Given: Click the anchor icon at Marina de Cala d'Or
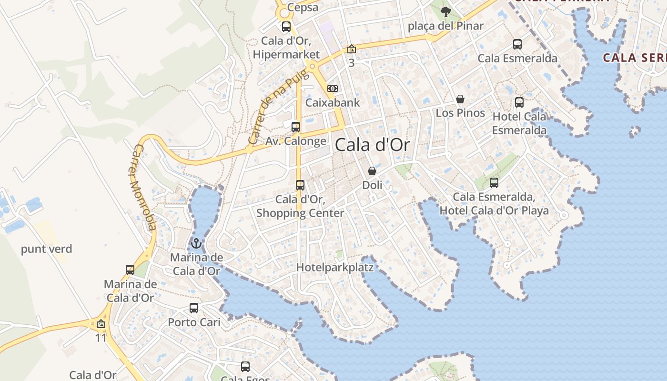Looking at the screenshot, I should [196, 244].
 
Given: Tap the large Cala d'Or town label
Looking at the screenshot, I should [373, 145].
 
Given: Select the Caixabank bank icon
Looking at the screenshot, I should [333, 89].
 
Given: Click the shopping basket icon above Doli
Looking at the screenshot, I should [372, 171].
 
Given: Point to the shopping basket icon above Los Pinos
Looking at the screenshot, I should [460, 99].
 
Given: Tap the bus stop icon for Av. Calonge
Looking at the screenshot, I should [296, 127].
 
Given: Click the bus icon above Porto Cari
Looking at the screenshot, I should [193, 308].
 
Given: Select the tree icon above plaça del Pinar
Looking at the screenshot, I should [445, 12].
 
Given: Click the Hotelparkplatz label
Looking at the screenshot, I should [335, 268].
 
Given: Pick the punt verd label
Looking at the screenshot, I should [47, 249].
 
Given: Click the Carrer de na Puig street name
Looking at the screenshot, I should [274, 110].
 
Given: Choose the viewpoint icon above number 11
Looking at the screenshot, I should [101, 324].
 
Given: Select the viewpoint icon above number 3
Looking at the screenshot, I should [351, 49].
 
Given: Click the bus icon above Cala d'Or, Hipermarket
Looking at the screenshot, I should [286, 27].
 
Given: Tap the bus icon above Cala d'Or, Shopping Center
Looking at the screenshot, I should [300, 185].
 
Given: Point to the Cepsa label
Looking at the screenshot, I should [303, 8].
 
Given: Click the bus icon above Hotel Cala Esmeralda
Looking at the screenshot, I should [519, 102].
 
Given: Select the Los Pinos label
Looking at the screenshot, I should [460, 113].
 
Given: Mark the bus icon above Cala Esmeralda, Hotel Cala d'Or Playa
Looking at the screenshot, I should [494, 182].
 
